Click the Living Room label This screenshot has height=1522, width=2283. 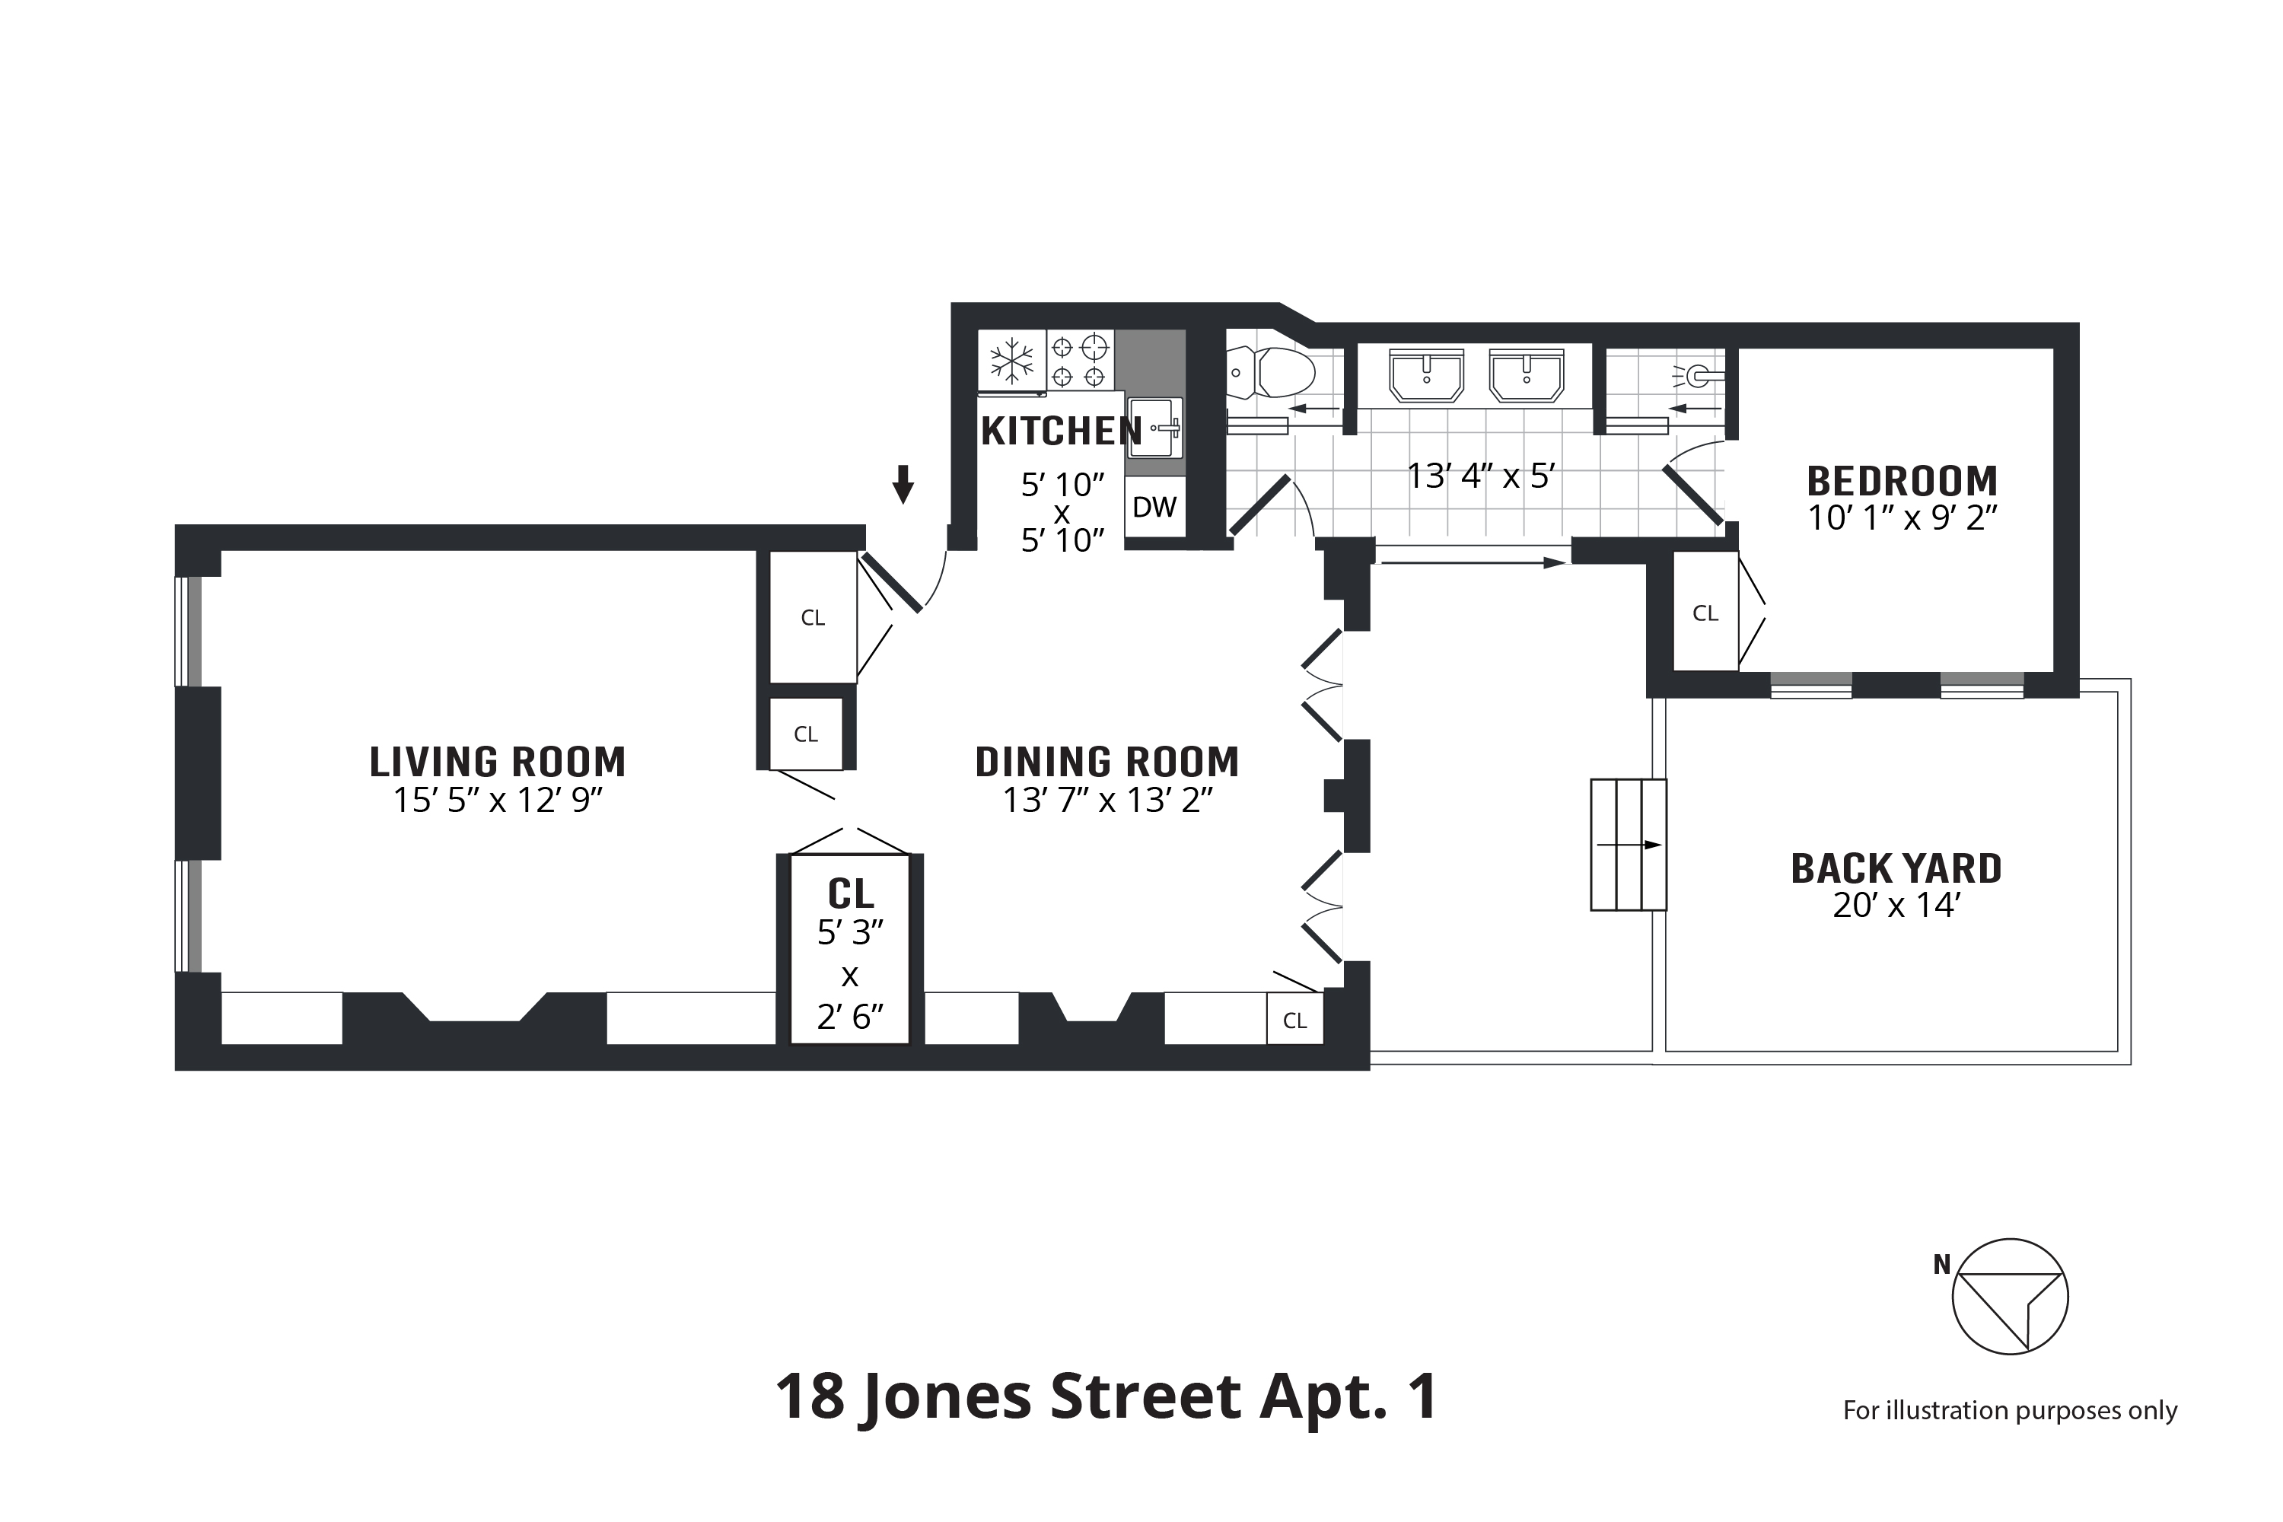tap(498, 762)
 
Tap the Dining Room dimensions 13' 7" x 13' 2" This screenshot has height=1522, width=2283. tap(1107, 801)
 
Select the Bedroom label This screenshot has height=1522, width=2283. tap(1902, 482)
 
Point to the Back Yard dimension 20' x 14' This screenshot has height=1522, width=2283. tap(1896, 906)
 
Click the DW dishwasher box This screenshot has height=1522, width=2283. tap(1155, 507)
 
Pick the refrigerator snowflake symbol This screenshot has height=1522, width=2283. tap(1011, 361)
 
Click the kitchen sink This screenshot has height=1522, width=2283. tap(1155, 427)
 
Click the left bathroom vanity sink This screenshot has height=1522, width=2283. tap(1427, 374)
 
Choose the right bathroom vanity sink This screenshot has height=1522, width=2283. tap(1527, 374)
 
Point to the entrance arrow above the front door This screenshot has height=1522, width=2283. tap(904, 484)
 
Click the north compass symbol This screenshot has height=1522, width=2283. tap(2011, 1297)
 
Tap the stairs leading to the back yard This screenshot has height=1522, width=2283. tap(1628, 845)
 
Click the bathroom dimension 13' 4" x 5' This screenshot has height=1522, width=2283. tap(1481, 476)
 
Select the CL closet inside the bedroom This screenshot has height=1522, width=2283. tap(1705, 613)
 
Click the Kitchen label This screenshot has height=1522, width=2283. tap(1062, 431)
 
